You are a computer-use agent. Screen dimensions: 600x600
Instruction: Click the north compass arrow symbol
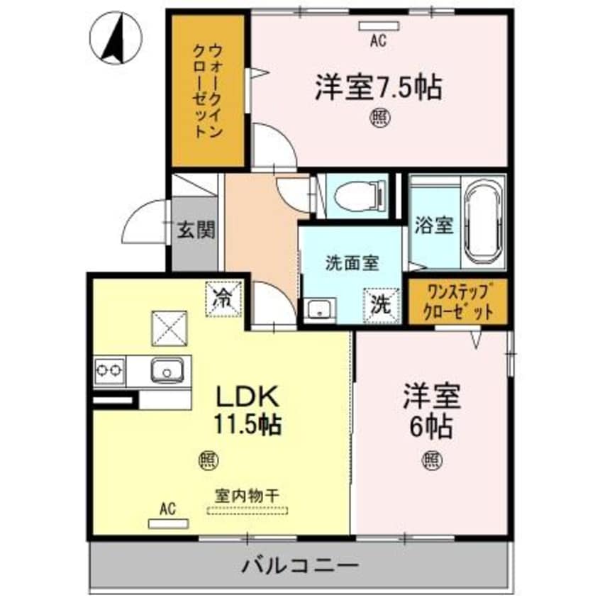click(116, 38)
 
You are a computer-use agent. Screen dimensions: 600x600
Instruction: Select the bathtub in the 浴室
click(483, 223)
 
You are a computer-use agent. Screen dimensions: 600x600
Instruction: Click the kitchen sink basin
click(167, 370)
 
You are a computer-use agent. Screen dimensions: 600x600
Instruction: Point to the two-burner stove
click(109, 370)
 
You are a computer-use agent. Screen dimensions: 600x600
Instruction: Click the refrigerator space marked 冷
click(224, 299)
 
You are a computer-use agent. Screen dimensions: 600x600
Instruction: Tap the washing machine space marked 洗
click(382, 306)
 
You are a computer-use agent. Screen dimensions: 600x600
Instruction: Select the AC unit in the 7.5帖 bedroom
click(379, 26)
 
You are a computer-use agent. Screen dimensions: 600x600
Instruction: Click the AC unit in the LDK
click(168, 523)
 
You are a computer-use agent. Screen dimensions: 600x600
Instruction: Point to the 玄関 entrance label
click(196, 230)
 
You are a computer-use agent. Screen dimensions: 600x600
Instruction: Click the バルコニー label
click(301, 565)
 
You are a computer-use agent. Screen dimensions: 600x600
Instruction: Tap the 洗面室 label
click(352, 263)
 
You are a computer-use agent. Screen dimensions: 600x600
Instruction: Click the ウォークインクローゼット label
click(208, 91)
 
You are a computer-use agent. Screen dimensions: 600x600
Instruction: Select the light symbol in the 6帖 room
click(433, 460)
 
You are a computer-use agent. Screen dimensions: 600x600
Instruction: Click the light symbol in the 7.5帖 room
click(380, 118)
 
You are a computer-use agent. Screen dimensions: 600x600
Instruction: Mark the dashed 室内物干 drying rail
click(248, 511)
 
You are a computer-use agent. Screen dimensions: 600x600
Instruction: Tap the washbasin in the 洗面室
click(319, 309)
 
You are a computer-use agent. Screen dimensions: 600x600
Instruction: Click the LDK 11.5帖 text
click(248, 410)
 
